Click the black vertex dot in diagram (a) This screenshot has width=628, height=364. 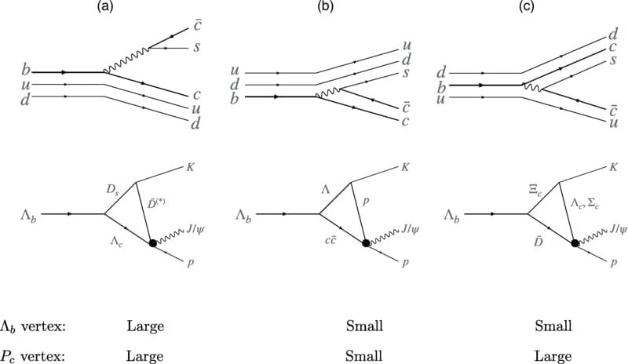[x=154, y=244]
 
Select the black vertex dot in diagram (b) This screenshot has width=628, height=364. [x=366, y=244]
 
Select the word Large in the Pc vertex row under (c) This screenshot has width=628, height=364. [x=553, y=355]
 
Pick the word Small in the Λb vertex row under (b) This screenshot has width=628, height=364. [x=364, y=326]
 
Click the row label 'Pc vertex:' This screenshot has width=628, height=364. [x=35, y=355]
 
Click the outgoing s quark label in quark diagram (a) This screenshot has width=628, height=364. [x=197, y=48]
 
